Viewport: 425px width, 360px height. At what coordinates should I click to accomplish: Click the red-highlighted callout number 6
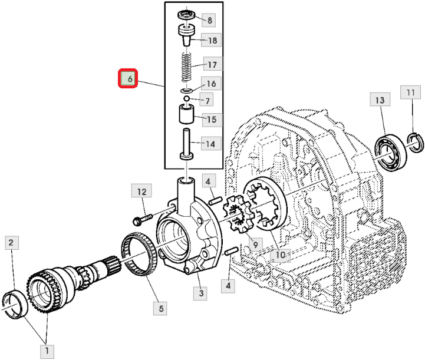pos(128,78)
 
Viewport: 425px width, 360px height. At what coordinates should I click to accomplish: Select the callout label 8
pos(209,20)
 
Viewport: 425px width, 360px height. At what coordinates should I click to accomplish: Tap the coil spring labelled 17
pos(186,67)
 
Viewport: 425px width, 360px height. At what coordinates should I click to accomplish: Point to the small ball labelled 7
pos(186,98)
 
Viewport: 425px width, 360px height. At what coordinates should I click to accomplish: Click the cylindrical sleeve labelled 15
pos(186,114)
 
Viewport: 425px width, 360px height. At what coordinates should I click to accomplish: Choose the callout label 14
pos(211,144)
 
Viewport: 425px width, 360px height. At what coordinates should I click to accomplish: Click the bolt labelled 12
pos(143,219)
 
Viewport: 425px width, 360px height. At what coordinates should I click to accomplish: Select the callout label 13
pos(380,100)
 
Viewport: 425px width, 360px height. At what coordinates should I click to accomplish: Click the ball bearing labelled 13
pos(391,152)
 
